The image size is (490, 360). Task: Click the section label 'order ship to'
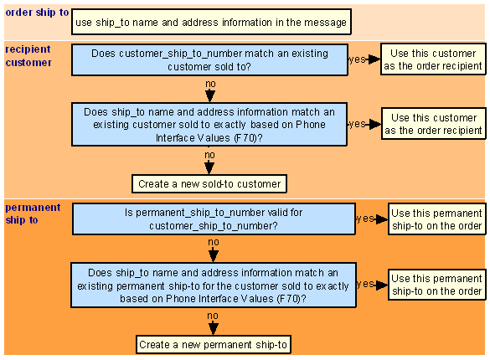click(x=37, y=13)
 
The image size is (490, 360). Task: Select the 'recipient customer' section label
click(x=28, y=56)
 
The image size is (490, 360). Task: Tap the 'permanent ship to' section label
click(x=33, y=213)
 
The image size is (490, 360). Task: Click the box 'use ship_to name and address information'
click(x=211, y=22)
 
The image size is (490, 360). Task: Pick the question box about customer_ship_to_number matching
click(x=209, y=59)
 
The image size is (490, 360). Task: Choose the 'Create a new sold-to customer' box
click(x=209, y=184)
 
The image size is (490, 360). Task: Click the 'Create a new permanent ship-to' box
click(x=214, y=345)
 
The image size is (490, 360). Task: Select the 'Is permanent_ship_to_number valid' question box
click(x=214, y=219)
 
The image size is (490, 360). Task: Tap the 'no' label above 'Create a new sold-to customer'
click(x=209, y=155)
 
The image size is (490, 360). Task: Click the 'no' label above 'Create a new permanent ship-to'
click(x=213, y=316)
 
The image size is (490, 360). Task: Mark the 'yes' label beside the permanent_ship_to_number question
click(x=365, y=219)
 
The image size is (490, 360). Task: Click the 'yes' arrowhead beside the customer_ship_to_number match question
click(x=374, y=59)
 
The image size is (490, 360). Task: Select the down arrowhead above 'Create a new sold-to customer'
click(x=209, y=168)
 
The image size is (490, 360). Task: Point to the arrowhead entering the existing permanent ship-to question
click(x=214, y=256)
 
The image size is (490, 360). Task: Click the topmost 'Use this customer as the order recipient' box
click(x=433, y=59)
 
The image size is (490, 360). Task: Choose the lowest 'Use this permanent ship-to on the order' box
click(x=437, y=285)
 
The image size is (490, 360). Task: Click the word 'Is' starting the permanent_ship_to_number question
click(x=129, y=213)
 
